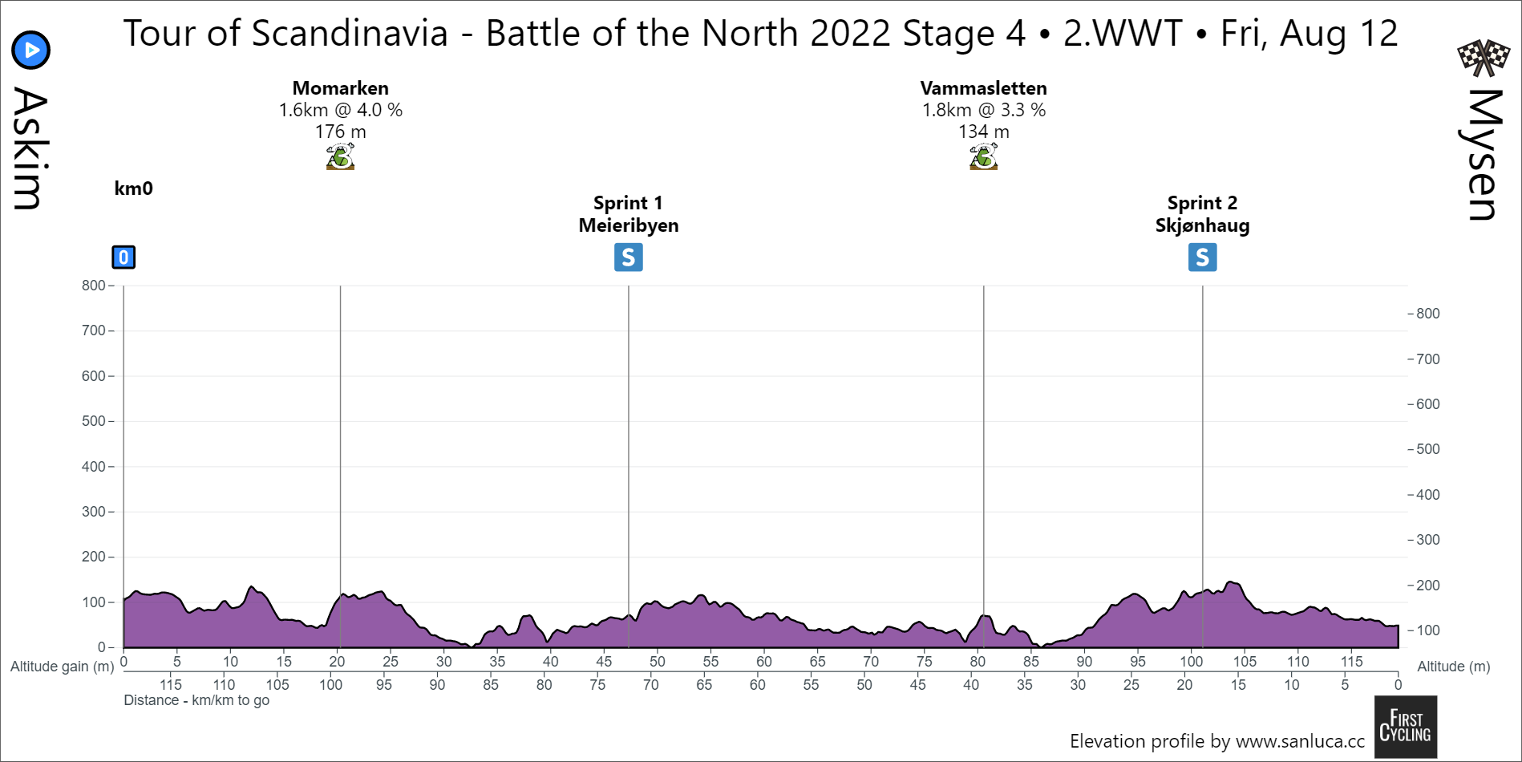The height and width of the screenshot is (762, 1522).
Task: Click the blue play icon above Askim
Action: coord(31,51)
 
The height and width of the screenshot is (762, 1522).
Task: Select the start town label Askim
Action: coord(30,148)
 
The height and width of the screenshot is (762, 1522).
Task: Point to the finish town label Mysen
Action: coord(1483,154)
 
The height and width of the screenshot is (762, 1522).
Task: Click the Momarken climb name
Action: coord(340,88)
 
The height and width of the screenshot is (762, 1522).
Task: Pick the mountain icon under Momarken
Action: coord(340,156)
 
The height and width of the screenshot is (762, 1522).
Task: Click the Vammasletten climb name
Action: coord(983,88)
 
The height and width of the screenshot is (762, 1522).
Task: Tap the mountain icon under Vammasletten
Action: coord(983,156)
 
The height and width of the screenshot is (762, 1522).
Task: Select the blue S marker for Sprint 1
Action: coord(628,257)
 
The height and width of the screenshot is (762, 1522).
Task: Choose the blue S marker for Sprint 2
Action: coord(1202,257)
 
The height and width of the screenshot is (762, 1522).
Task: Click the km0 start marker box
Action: coord(123,257)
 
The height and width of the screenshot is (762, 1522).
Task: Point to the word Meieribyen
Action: coord(628,225)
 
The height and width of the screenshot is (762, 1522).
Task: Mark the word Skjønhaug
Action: coord(1202,225)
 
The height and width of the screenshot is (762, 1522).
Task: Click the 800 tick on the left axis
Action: coord(94,286)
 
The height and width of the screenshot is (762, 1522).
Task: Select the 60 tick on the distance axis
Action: coord(763,662)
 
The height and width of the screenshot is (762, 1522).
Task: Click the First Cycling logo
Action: coord(1405,727)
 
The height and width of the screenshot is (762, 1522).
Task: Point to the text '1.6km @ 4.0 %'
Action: coord(340,110)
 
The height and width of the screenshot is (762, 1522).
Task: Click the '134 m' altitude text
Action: coord(983,132)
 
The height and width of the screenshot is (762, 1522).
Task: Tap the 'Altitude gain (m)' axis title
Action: coord(62,667)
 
